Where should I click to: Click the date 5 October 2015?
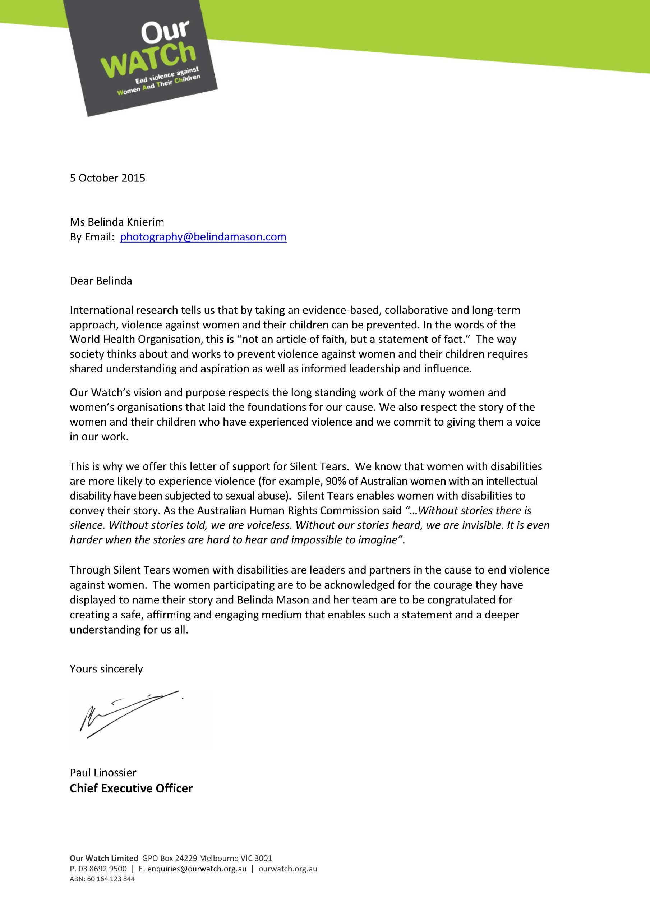[x=107, y=178]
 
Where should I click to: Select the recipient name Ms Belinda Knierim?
[x=117, y=222]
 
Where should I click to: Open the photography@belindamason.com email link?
[x=203, y=237]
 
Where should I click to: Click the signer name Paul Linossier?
[x=103, y=772]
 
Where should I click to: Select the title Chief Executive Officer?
[x=131, y=788]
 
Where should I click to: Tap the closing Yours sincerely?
[x=106, y=669]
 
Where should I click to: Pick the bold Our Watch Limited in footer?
[x=104, y=858]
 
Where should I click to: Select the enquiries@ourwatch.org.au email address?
[x=197, y=869]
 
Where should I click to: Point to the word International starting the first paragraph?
[x=102, y=310]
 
